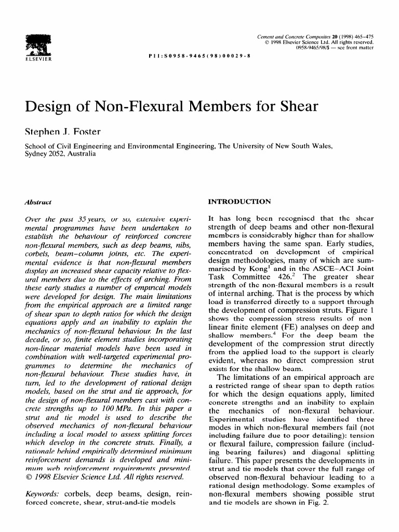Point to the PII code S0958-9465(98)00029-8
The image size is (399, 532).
(199, 55)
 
